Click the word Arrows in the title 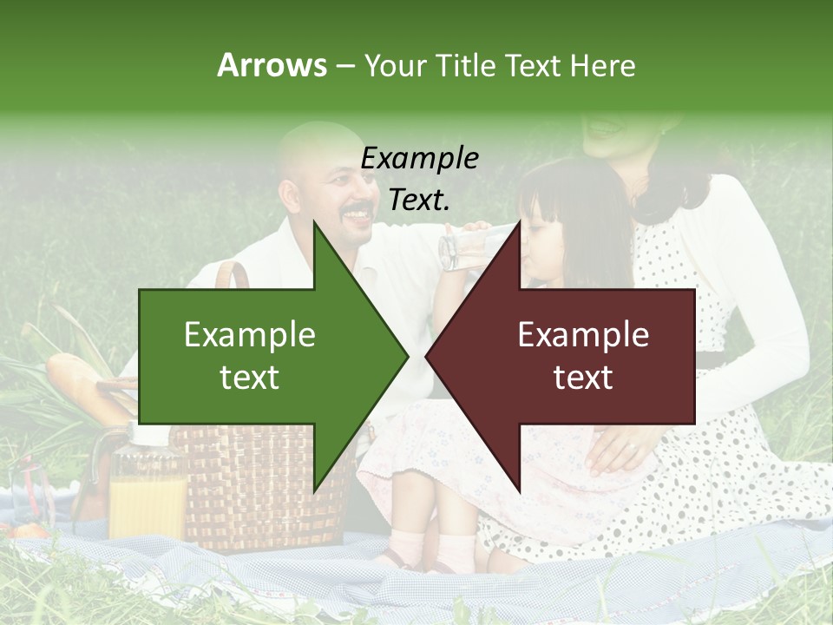pyautogui.click(x=272, y=65)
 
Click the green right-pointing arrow pyautogui.click(x=260, y=356)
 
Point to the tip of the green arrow pyautogui.click(x=405, y=356)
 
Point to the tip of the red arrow pyautogui.click(x=428, y=356)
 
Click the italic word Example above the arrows pyautogui.click(x=419, y=158)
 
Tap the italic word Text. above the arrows pyautogui.click(x=419, y=200)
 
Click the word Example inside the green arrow pyautogui.click(x=250, y=335)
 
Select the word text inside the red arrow pyautogui.click(x=583, y=378)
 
